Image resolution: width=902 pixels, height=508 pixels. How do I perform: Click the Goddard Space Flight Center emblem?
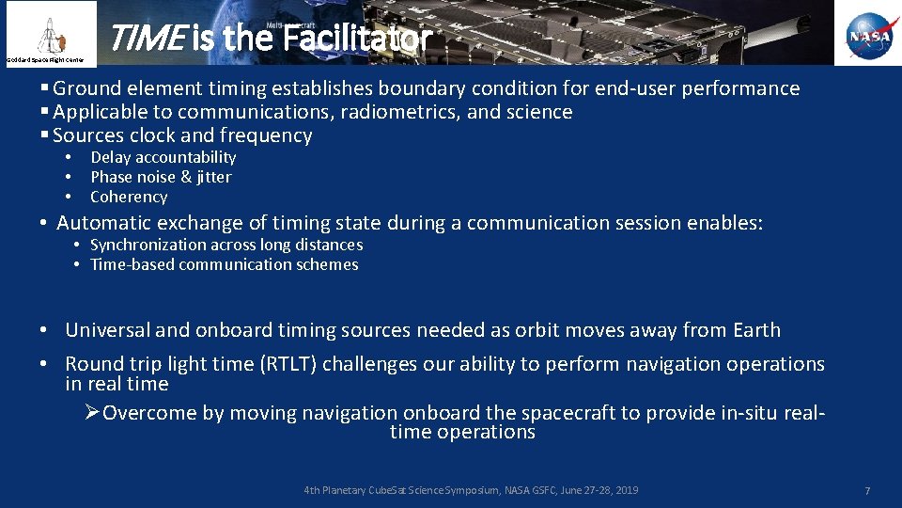pos(49,32)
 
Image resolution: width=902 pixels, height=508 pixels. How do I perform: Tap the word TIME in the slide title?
pos(147,39)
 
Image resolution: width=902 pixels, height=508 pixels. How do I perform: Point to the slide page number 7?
pos(867,492)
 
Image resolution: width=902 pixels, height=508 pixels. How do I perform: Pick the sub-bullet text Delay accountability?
pos(163,158)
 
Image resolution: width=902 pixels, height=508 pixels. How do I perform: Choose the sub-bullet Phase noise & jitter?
pos(161,178)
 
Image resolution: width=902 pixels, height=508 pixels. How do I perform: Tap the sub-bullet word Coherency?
pos(129,198)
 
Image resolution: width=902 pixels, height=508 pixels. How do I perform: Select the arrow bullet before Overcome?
pos(92,413)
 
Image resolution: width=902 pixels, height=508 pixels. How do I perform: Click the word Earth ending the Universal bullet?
pos(756,330)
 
